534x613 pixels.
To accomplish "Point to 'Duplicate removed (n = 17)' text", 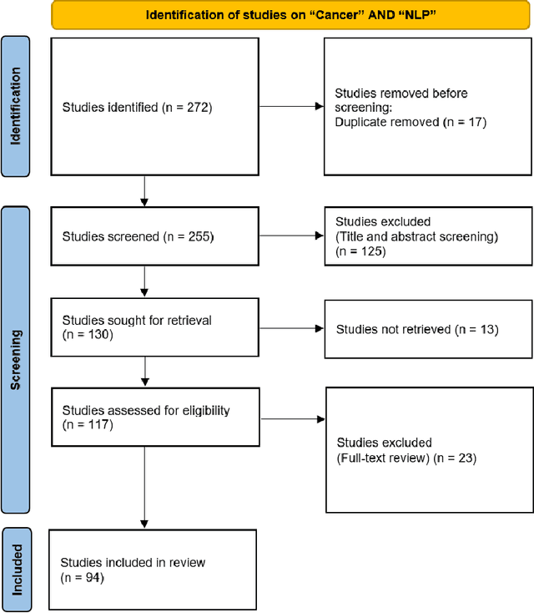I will coord(410,121).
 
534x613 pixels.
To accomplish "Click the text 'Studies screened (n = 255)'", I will coord(138,237).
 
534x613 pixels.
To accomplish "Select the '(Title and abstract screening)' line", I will coord(416,236).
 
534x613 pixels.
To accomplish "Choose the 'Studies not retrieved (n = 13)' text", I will coord(417,329).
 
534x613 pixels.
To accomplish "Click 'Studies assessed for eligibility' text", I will coord(146,410).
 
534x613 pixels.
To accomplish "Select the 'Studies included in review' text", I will coord(133,562).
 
